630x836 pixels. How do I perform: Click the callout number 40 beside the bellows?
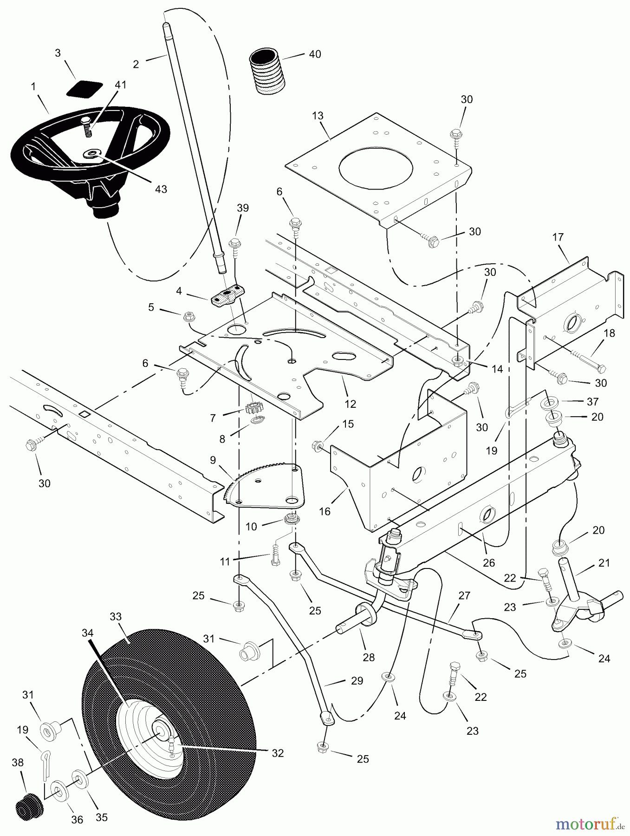[x=315, y=54]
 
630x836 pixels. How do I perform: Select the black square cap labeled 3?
[x=84, y=88]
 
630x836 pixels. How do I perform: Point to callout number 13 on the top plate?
[x=318, y=116]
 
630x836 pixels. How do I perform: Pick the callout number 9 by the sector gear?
[x=213, y=460]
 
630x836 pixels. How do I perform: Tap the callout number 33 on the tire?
[x=115, y=617]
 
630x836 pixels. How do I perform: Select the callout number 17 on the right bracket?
[x=558, y=237]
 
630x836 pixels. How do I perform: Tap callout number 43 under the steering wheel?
[x=161, y=189]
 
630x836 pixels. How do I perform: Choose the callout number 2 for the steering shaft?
[x=136, y=64]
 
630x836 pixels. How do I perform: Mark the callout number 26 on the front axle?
[x=489, y=562]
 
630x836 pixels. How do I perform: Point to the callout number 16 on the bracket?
[x=325, y=511]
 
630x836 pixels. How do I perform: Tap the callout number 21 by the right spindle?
[x=604, y=563]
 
